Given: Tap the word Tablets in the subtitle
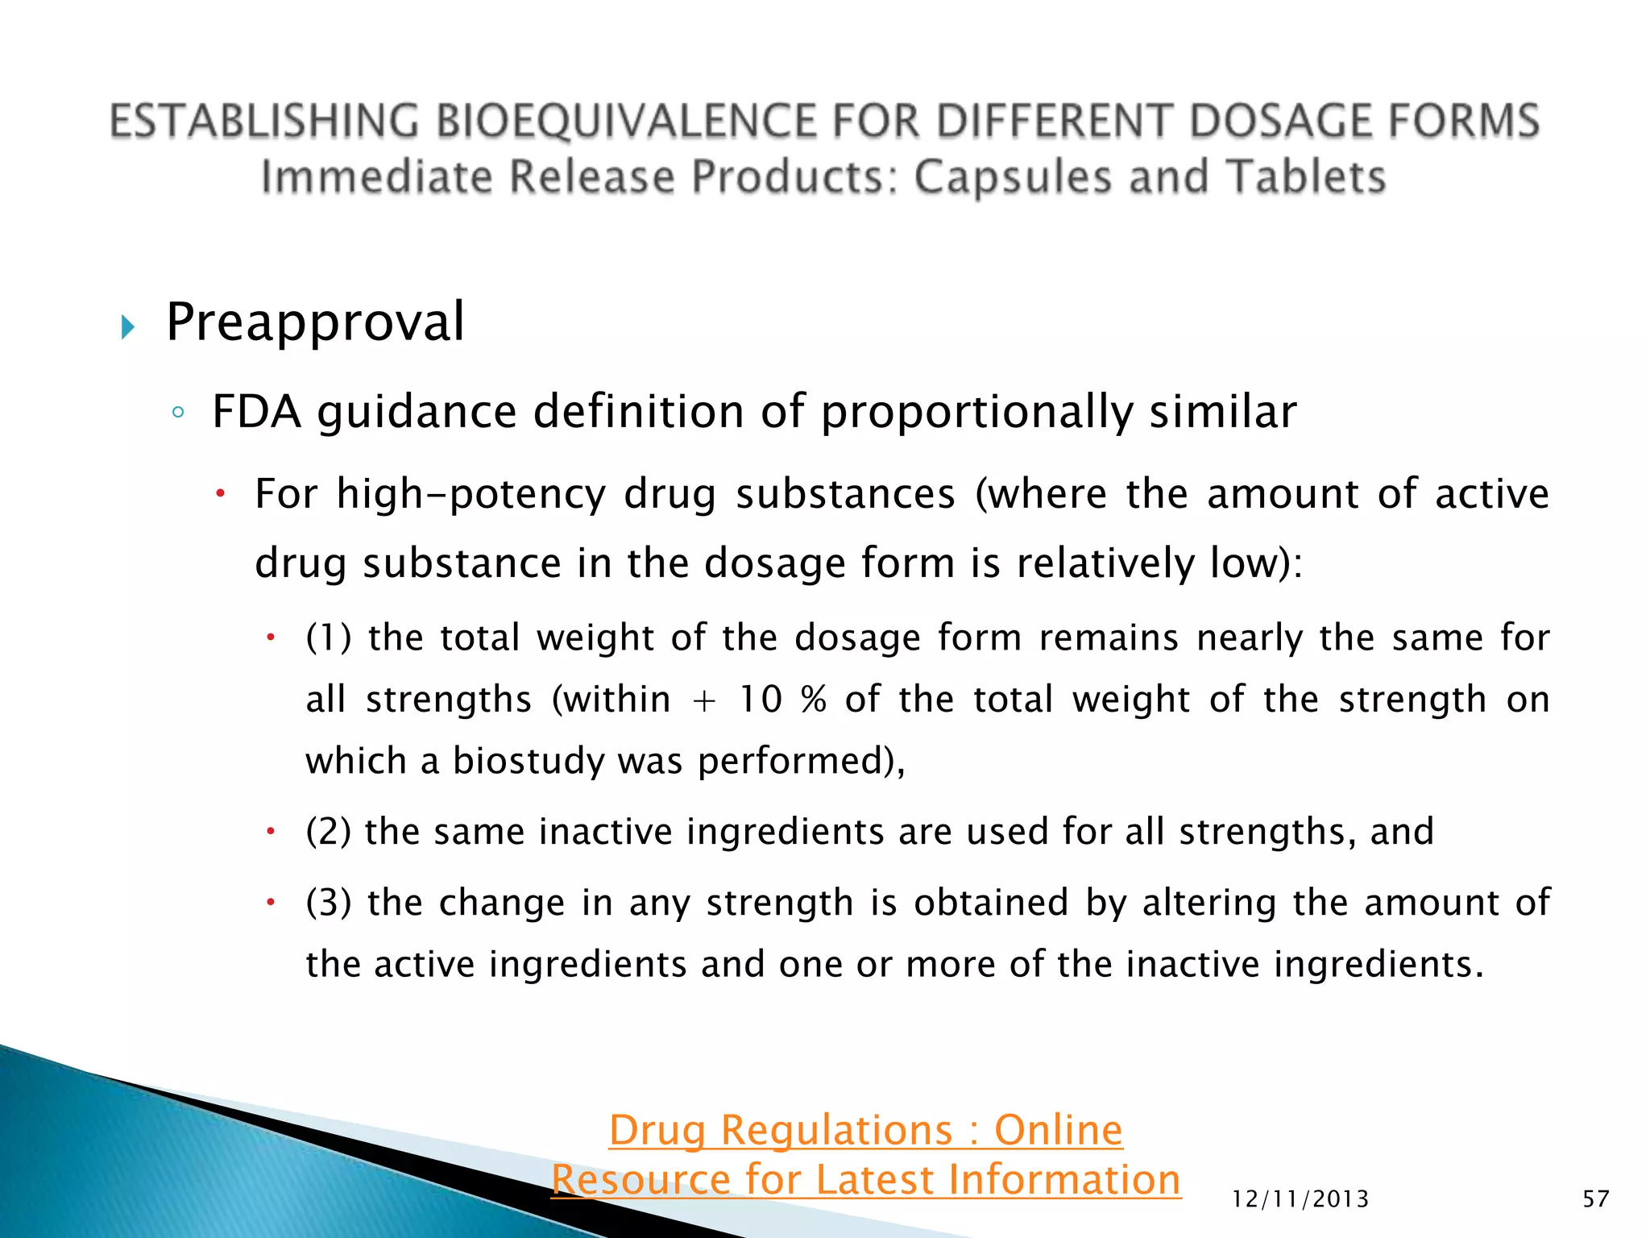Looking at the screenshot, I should [1305, 177].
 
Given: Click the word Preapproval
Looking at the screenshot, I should [315, 322].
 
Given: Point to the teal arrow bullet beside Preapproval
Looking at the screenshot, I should [127, 327].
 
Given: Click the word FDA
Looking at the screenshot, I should [256, 412].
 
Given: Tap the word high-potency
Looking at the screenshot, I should [471, 494].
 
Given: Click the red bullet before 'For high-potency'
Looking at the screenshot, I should [220, 493].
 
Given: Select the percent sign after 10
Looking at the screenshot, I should [814, 700].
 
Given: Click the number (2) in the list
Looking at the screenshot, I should [329, 832].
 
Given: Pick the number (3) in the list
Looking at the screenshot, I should [329, 903].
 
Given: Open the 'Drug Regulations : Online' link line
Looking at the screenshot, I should [865, 1130].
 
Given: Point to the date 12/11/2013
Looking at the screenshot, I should [1300, 1199].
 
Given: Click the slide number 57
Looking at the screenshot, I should [1595, 1199].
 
